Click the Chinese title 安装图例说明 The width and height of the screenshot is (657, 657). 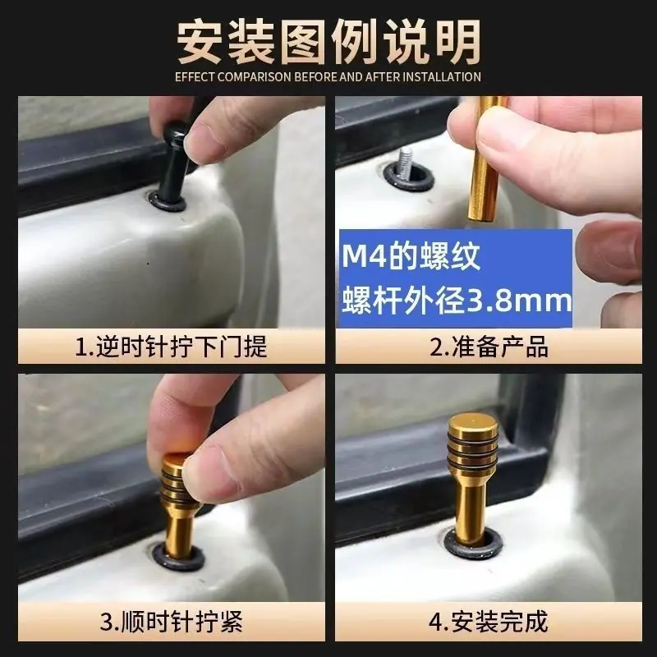329,43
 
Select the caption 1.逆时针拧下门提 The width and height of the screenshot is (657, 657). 171,347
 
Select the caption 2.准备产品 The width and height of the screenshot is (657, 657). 489,347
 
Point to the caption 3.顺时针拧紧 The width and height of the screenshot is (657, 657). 171,622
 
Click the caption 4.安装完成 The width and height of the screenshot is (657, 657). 489,622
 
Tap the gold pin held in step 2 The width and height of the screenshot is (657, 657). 485,159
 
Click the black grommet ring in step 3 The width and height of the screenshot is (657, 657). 179,557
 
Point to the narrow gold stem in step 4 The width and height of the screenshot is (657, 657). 472,509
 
